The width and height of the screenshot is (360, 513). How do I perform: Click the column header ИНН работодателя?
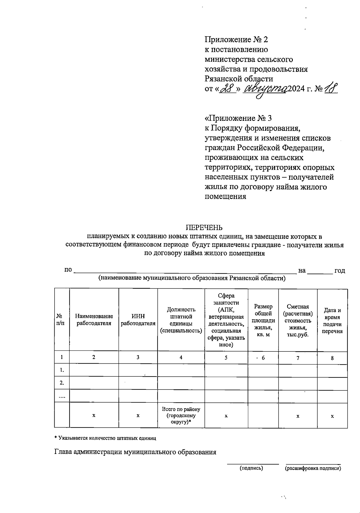point(138,320)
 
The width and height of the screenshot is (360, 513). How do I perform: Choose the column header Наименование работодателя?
point(94,320)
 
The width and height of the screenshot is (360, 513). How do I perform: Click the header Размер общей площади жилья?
point(263,320)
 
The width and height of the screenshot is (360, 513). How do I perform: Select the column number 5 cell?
point(226,358)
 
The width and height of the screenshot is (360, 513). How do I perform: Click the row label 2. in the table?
point(62,383)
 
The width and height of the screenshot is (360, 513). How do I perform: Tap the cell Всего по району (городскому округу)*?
point(181,416)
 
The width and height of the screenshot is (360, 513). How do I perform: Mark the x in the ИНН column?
point(138,416)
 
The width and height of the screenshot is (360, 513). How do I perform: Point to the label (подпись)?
point(251,468)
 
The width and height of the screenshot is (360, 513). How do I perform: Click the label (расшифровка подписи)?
point(313,468)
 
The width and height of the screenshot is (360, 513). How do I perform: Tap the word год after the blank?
point(340,270)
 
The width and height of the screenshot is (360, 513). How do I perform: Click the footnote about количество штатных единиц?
point(105,438)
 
